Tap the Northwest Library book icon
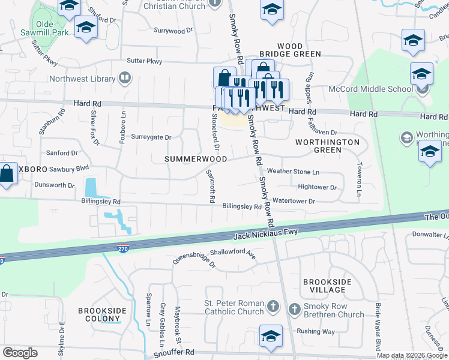[x=124, y=77]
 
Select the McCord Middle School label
[x=370, y=89]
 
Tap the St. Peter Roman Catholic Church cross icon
[x=273, y=307]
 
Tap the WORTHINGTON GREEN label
[x=327, y=146]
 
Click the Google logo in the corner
[x=20, y=353]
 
